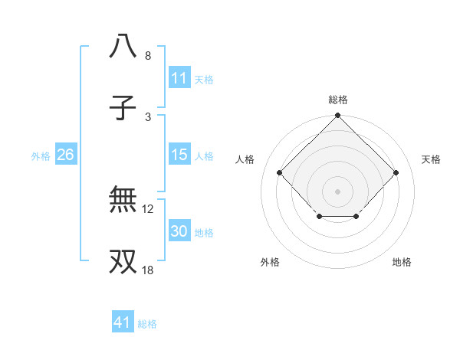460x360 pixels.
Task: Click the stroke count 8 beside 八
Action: tap(148, 56)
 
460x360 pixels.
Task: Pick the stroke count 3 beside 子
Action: tap(148, 117)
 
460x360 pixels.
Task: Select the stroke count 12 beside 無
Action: tap(148, 208)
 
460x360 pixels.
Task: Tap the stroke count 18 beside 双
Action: tap(148, 270)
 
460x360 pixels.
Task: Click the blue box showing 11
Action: tap(179, 78)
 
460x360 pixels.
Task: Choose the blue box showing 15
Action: tap(179, 155)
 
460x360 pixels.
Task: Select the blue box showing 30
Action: tap(179, 231)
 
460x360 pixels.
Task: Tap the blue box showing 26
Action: tap(65, 155)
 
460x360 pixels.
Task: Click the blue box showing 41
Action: tap(123, 322)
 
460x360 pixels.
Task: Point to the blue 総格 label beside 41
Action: tap(147, 324)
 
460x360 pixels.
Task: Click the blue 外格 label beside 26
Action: tap(41, 155)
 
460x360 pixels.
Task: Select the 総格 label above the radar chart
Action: tap(338, 100)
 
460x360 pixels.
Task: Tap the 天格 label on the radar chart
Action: tap(432, 159)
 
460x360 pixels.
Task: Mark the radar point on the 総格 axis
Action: tap(338, 116)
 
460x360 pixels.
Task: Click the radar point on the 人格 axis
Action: tap(280, 173)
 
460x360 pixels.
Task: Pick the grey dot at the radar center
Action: tap(338, 191)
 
